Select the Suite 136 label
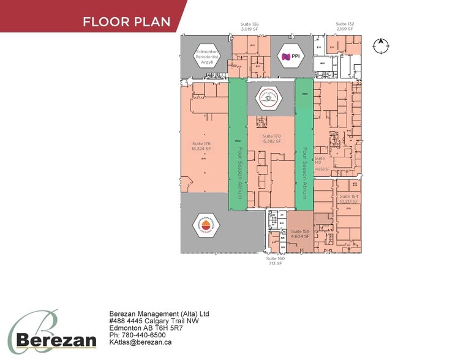click(251, 26)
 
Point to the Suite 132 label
click(345, 26)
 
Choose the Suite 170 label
click(271, 138)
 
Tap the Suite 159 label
click(301, 233)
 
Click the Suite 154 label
click(348, 198)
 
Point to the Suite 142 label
click(319, 161)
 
